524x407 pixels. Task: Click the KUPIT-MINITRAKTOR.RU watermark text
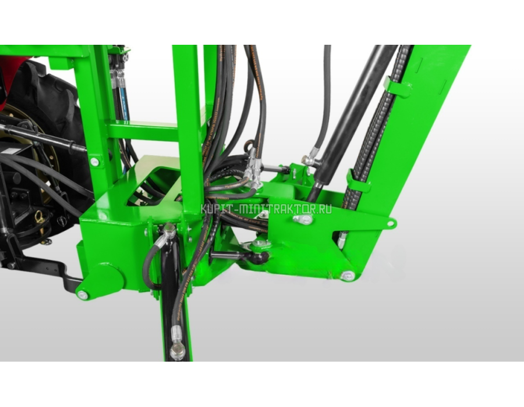point(266,209)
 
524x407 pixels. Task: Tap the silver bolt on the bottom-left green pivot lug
point(82,295)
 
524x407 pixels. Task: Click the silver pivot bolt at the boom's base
point(348,276)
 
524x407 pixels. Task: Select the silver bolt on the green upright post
point(94,162)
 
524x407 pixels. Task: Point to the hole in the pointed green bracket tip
point(390,223)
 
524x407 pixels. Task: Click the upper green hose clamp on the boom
point(397,87)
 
